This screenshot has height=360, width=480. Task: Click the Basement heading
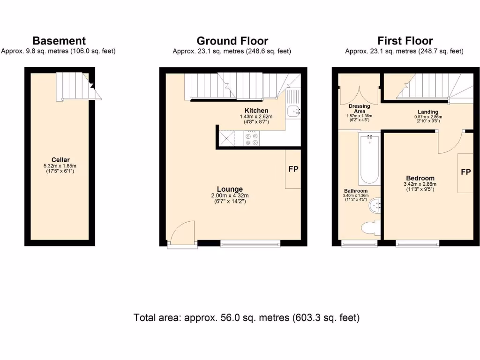point(59,41)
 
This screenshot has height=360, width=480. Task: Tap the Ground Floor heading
point(232,41)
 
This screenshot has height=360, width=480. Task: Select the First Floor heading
point(405,41)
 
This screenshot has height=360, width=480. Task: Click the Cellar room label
point(60,160)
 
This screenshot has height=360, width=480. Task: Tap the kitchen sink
point(293,111)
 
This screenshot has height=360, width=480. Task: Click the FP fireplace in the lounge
point(293,169)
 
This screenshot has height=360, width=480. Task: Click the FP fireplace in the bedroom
point(465,172)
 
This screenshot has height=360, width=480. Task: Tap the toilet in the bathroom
point(371,227)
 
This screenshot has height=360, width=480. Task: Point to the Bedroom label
point(420,178)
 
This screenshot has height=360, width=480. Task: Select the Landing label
point(428,112)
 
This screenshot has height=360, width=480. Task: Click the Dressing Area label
point(360,109)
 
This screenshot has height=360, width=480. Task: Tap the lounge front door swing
point(182,232)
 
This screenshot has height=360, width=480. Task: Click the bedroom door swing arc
point(449,143)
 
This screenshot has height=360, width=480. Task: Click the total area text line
point(247,317)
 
